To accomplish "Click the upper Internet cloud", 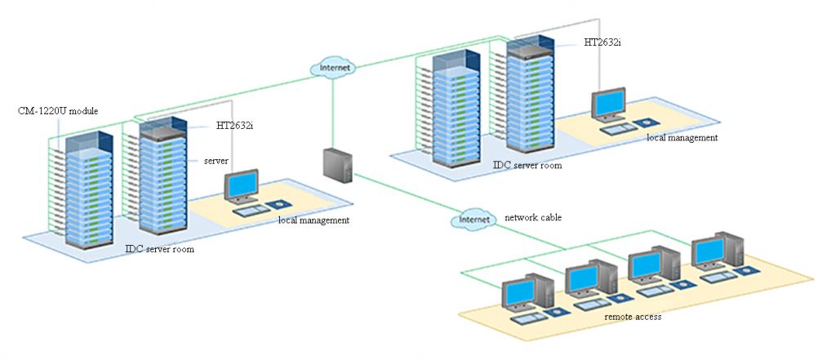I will tap(333, 67).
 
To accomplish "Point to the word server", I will tap(216, 161).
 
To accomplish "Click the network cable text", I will tap(533, 217).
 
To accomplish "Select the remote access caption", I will tap(633, 316).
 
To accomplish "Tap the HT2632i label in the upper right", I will tap(603, 41).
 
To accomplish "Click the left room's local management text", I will tap(313, 220).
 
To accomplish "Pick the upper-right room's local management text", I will tap(682, 138).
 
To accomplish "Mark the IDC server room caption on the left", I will tap(159, 249).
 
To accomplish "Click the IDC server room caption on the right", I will tap(527, 165).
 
